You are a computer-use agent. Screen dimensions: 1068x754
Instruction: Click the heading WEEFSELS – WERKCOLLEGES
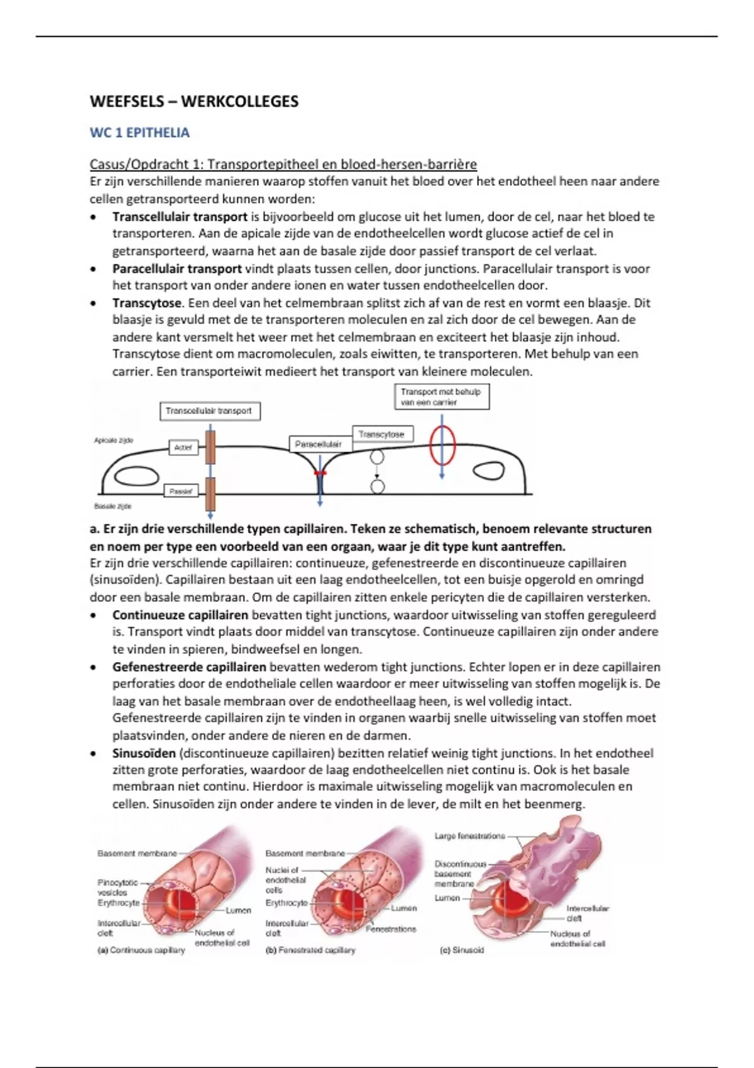coord(194,102)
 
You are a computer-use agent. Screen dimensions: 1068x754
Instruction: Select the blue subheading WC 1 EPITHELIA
coord(139,133)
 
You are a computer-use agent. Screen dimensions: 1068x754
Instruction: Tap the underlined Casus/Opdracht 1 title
coord(283,165)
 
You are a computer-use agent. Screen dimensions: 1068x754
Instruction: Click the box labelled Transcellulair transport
coord(210,411)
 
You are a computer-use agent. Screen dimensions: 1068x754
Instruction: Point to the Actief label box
coord(183,447)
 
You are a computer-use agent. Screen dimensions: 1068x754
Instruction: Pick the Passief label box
coord(180,491)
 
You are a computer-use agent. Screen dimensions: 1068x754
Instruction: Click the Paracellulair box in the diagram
coord(319,444)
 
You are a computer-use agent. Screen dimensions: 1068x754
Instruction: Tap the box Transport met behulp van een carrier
coord(442,397)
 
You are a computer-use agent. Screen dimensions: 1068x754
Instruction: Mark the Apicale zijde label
coord(114,440)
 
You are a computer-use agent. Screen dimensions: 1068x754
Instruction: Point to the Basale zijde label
coord(113,506)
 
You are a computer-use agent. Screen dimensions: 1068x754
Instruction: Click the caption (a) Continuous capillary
coord(141,951)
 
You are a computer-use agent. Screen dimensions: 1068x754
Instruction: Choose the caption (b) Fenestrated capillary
coord(311,951)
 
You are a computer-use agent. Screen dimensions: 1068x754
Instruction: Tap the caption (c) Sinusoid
coord(461,951)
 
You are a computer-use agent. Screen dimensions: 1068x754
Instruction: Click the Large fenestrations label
coord(469,836)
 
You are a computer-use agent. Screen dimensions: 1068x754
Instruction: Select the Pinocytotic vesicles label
coord(117,887)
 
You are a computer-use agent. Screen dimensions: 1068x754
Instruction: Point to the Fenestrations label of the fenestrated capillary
coord(391,929)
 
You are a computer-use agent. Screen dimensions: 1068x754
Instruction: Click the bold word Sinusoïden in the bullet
coord(144,753)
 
